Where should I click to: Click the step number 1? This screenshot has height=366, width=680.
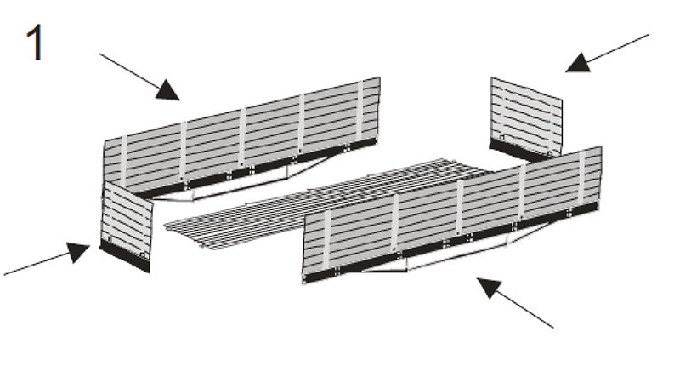(35, 42)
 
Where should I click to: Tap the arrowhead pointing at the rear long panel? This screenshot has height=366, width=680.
(168, 90)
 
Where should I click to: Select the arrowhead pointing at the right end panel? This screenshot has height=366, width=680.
(578, 62)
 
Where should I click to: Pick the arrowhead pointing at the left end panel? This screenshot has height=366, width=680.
(77, 252)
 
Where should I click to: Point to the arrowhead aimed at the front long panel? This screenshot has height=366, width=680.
(490, 288)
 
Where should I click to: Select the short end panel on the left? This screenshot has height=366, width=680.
(126, 226)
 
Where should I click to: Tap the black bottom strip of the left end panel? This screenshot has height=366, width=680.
(125, 257)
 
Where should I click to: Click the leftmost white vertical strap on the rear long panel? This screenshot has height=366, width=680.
(123, 162)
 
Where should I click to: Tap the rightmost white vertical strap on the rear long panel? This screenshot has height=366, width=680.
(360, 111)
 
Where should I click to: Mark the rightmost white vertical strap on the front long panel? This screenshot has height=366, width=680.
(582, 177)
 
